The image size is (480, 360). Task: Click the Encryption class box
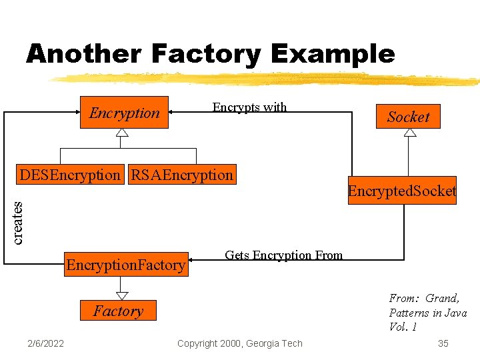pyautogui.click(x=125, y=113)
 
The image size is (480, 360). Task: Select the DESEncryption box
pyautogui.click(x=70, y=175)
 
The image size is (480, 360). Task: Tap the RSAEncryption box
pyautogui.click(x=182, y=175)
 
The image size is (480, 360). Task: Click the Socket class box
pyautogui.click(x=408, y=117)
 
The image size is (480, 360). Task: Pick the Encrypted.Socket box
pyautogui.click(x=402, y=191)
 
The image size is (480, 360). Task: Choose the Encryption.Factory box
pyautogui.click(x=126, y=265)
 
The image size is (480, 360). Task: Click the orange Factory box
pyautogui.click(x=118, y=311)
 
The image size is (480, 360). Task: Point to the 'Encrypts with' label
pyautogui.click(x=249, y=107)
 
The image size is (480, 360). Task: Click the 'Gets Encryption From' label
pyautogui.click(x=283, y=255)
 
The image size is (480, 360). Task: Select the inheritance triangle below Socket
pyautogui.click(x=410, y=132)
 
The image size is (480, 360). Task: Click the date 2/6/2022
pyautogui.click(x=46, y=343)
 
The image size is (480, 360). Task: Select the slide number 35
pyautogui.click(x=443, y=343)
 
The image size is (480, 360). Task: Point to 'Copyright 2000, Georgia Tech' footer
pyautogui.click(x=239, y=343)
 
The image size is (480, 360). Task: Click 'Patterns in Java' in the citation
pyautogui.click(x=427, y=313)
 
